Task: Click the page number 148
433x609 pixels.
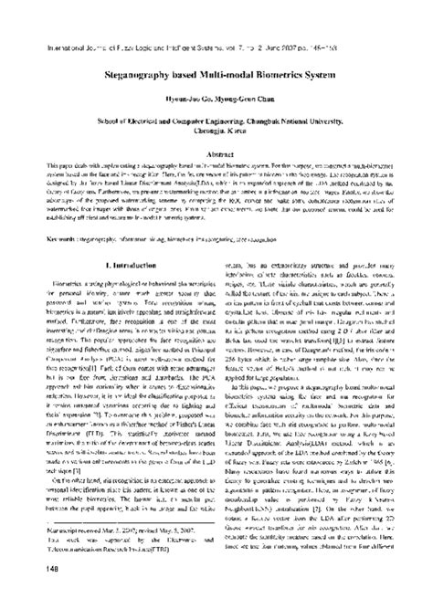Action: [28, 596]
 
